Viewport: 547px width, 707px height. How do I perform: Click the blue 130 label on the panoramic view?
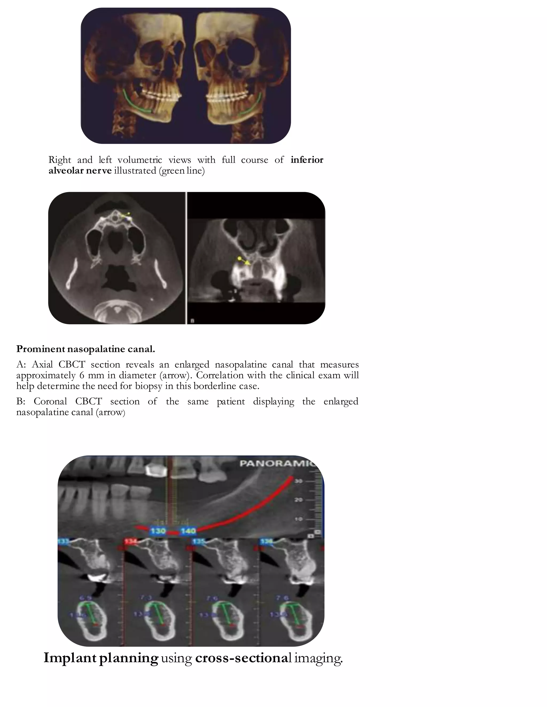tap(158, 531)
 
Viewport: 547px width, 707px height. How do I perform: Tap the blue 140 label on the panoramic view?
tap(188, 531)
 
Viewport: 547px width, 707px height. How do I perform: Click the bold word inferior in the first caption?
tap(307, 160)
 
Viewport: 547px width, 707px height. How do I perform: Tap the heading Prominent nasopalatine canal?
tap(85, 349)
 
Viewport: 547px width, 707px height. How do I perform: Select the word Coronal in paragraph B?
tap(50, 402)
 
